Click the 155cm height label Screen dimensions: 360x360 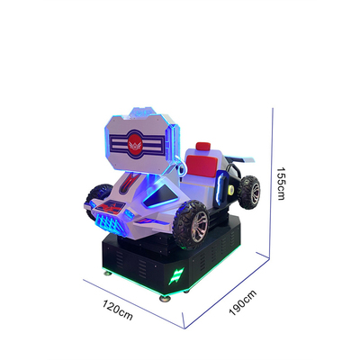(281, 184)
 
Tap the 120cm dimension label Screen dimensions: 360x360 (118, 310)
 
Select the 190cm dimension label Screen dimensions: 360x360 (243, 302)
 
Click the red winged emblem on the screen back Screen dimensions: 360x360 (134, 145)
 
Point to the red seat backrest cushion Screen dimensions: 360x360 (202, 166)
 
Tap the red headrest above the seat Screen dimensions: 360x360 (203, 148)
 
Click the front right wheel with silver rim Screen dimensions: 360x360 (192, 224)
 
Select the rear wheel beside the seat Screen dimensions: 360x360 (249, 192)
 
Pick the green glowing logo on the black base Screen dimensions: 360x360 (176, 276)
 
